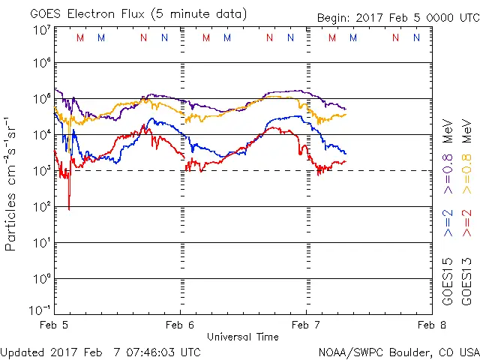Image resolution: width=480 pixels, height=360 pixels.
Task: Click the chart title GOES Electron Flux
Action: [127, 13]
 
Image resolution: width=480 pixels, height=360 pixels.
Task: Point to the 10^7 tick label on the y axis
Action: [40, 30]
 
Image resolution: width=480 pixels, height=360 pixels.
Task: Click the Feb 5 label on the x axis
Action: [55, 325]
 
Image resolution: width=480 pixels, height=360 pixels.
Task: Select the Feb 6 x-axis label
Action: [180, 325]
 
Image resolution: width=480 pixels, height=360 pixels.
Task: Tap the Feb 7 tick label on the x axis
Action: [306, 325]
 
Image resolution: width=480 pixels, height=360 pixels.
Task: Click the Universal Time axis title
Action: [242, 337]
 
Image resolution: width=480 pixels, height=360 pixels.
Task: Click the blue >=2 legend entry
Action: [448, 223]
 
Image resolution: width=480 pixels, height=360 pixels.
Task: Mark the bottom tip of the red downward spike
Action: [69, 209]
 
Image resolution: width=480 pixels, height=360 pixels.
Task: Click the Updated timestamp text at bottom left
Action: [100, 351]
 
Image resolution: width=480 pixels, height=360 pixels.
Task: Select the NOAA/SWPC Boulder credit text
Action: [398, 351]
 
